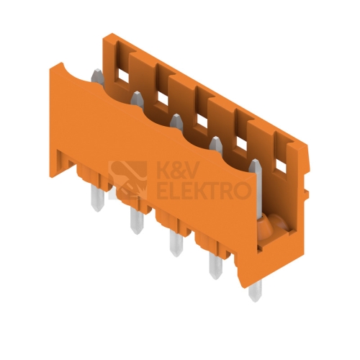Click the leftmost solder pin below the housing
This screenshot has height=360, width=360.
(x=98, y=198)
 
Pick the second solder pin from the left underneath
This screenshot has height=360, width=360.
(x=137, y=220)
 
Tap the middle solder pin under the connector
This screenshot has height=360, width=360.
(x=176, y=243)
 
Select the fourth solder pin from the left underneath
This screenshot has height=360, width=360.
(x=215, y=266)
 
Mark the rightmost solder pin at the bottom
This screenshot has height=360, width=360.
(x=255, y=291)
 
